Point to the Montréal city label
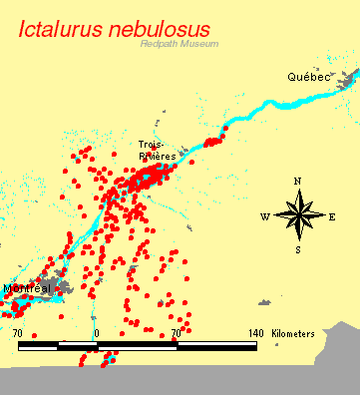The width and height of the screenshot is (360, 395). point(27,288)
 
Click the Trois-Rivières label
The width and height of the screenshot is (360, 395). point(158,151)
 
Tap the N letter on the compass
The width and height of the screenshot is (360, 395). point(297,181)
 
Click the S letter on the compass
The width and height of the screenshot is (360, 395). point(297,250)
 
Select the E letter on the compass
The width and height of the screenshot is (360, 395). point(332,216)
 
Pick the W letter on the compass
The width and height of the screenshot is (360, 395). point(264,216)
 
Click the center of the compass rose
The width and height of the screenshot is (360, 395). point(297,215)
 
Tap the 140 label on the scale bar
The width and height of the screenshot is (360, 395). point(255,333)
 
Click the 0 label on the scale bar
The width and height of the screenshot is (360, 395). point(97,333)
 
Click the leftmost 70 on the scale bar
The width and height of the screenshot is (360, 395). point(18,333)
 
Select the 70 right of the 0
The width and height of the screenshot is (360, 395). point(176,333)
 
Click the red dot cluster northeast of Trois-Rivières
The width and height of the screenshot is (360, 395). point(212,142)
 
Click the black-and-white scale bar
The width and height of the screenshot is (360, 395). point(137,346)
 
